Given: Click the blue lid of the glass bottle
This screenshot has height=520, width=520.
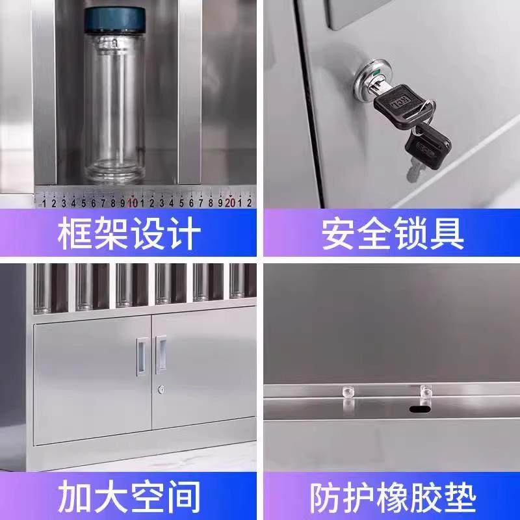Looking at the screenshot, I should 119,21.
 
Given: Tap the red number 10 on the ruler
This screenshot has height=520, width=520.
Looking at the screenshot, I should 133,202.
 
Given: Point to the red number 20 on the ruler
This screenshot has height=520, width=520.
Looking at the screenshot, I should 230,202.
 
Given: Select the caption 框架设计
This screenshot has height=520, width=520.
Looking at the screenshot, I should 129,234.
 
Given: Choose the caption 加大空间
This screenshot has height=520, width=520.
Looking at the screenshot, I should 129,497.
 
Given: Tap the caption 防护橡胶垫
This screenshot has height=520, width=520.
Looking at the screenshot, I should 392,497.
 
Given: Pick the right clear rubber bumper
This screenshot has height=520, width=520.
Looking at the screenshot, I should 426,394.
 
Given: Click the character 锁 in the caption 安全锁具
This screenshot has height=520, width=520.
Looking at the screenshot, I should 411,234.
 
